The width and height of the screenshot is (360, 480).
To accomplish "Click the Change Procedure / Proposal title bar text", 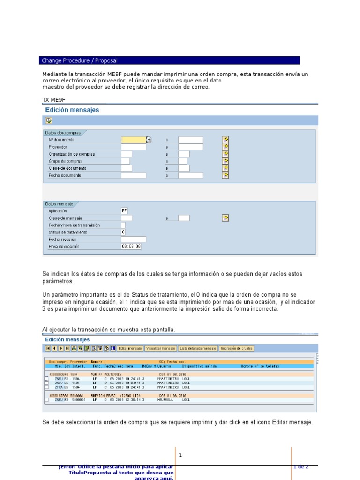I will [80, 60].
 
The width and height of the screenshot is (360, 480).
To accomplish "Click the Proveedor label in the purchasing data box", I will [58, 147].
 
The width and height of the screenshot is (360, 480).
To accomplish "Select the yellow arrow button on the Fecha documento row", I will [225, 175].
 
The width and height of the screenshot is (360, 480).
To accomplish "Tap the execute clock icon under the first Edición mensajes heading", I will [49, 120].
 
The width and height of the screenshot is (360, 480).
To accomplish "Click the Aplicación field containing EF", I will [124, 211].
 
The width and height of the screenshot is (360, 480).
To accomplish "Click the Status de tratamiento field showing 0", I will [123, 232].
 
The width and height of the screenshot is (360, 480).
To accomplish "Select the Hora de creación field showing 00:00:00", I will [131, 246].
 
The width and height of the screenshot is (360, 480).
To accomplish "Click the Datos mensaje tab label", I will [59, 204].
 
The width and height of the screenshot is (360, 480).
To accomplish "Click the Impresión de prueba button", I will [237, 348].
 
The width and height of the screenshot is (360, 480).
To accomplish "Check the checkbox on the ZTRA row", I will [46, 387].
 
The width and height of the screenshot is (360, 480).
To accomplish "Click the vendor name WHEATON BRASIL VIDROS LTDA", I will [116, 396].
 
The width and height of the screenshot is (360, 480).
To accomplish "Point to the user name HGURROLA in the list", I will [165, 400].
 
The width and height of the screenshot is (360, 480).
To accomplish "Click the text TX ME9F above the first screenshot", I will [54, 100].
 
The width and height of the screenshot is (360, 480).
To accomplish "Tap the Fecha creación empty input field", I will [134, 239].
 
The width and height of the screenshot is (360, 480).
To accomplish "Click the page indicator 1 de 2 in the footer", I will [300, 466].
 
